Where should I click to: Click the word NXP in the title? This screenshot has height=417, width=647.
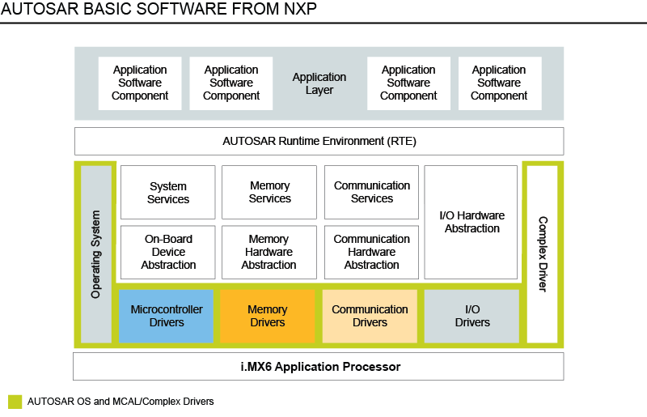(298, 10)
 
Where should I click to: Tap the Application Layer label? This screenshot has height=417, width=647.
(319, 83)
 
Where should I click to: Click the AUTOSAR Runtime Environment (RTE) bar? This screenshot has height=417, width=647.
(319, 141)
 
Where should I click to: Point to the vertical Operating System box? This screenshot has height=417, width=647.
(96, 253)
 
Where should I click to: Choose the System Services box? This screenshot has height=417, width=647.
(168, 193)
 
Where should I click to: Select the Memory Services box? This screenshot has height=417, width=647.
(269, 193)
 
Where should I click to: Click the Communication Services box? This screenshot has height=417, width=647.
(372, 193)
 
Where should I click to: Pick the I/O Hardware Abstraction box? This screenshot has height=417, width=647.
(472, 222)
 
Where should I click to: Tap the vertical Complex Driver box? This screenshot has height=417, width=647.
(543, 253)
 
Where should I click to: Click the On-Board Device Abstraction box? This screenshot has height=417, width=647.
(168, 252)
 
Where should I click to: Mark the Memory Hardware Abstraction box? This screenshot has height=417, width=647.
(269, 252)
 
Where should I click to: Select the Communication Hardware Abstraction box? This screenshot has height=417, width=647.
(372, 252)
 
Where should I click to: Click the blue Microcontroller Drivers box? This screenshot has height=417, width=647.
(167, 316)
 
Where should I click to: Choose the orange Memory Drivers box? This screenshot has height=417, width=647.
(268, 316)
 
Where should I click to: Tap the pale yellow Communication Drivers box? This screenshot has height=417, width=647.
(370, 316)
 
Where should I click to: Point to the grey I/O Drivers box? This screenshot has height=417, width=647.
(472, 316)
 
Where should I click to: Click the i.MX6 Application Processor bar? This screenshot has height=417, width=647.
(319, 367)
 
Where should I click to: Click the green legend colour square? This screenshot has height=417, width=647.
(15, 402)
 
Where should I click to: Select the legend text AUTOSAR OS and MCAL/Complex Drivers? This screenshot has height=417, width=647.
(121, 402)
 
